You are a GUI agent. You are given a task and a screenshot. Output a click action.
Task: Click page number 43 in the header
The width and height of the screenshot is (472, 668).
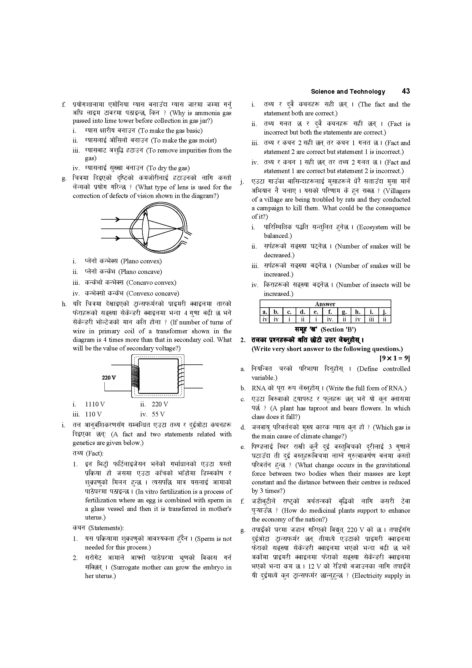[406, 91]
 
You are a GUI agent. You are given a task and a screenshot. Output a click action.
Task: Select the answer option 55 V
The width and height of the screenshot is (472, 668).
[158, 414]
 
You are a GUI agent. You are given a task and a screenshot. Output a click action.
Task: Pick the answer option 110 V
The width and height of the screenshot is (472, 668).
[93, 414]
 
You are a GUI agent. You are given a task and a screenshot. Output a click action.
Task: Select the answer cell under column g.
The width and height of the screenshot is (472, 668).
[344, 320]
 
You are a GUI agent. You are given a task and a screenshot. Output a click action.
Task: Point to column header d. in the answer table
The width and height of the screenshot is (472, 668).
[302, 312]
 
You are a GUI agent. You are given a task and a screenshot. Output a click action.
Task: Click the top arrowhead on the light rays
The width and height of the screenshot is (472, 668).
[117, 219]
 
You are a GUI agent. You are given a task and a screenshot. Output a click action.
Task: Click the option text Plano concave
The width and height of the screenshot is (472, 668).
[140, 272]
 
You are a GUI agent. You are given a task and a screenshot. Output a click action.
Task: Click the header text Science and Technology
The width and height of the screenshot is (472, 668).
[348, 92]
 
